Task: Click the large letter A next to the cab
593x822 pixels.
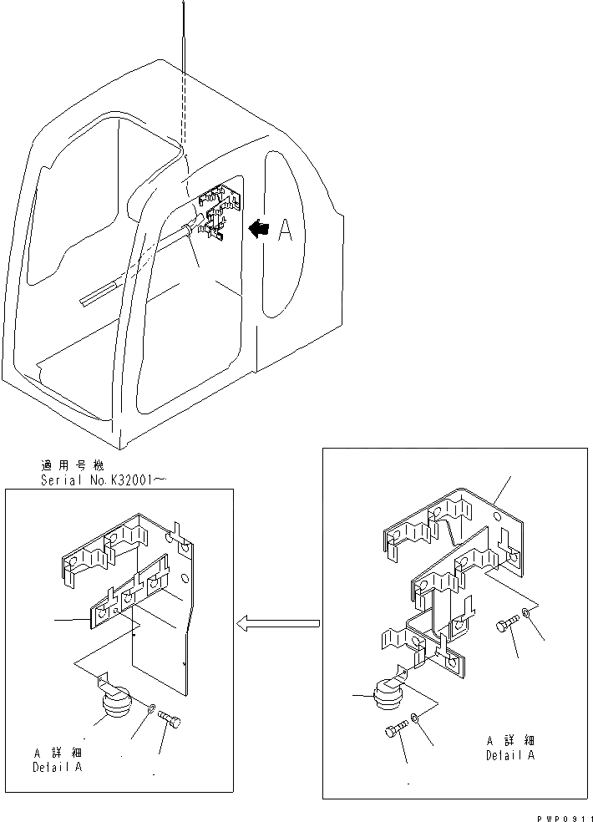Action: (285, 230)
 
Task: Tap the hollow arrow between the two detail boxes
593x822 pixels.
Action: (279, 622)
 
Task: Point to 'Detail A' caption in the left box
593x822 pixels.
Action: (57, 767)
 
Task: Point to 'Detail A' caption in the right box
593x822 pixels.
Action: (510, 755)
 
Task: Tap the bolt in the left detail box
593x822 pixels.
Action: (170, 718)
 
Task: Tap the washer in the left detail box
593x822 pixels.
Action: (149, 710)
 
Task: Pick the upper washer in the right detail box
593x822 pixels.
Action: (525, 616)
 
